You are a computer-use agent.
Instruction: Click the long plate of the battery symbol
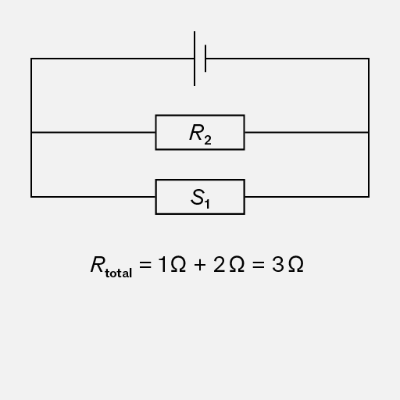click(195, 59)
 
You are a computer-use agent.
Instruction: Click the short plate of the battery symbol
click(205, 59)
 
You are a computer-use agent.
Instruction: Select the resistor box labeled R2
click(200, 132)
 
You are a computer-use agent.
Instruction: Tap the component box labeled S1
click(200, 197)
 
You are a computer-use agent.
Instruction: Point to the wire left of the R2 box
click(93, 132)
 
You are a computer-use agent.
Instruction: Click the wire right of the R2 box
click(307, 132)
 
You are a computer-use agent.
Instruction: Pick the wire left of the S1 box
click(93, 197)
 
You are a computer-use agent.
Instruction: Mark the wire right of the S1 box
click(307, 197)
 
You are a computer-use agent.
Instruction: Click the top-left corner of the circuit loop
click(31, 59)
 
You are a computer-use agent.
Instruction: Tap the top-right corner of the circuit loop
click(369, 59)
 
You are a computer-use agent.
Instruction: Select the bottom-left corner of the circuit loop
click(31, 197)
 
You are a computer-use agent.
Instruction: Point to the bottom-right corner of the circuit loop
click(369, 197)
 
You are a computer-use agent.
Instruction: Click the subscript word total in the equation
click(119, 272)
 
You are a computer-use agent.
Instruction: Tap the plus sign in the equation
click(200, 265)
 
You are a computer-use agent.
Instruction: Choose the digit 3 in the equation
click(277, 264)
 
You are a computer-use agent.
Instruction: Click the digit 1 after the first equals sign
click(162, 264)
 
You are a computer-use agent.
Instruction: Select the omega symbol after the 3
click(296, 264)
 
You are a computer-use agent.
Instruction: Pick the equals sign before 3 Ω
click(259, 265)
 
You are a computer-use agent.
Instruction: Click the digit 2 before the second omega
click(219, 264)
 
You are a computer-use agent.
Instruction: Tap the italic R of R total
click(98, 264)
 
